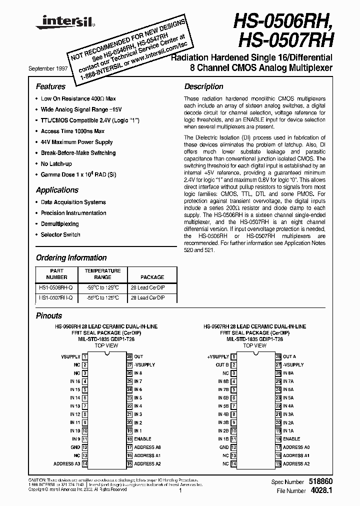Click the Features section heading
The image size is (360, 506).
[50, 86]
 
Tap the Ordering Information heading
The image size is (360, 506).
[71, 258]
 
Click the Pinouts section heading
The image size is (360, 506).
[49, 316]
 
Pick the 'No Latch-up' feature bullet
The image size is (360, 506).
[56, 164]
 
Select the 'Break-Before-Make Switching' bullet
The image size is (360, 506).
[78, 153]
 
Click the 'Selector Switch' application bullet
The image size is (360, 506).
[60, 234]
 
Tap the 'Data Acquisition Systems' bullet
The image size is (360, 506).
[73, 202]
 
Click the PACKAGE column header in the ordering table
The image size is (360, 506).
[152, 276]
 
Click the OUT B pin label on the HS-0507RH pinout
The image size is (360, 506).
[222, 365]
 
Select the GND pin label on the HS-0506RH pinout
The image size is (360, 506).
[75, 447]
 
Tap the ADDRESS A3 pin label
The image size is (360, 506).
[66, 464]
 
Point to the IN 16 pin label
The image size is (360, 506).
[75, 381]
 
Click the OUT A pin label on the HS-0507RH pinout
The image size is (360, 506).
[289, 357]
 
